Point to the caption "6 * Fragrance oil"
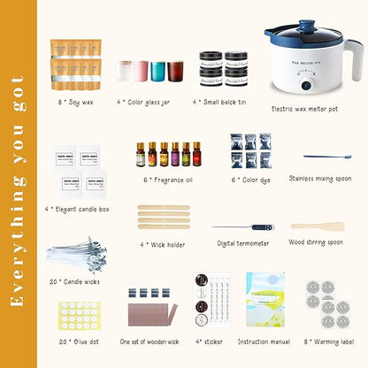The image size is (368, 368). [165, 179]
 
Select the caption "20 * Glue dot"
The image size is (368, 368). [75, 341]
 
